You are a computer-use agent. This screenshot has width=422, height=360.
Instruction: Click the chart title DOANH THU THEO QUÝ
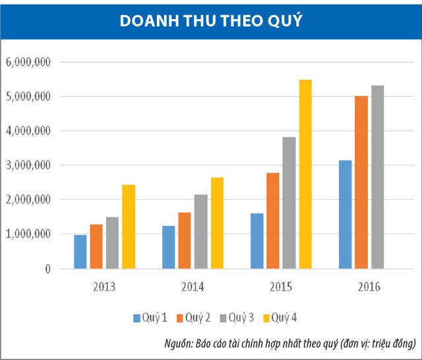[x=210, y=20]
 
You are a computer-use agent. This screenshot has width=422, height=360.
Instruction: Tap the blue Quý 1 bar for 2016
[x=345, y=214]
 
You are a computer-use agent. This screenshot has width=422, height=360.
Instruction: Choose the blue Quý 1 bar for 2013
[x=80, y=252]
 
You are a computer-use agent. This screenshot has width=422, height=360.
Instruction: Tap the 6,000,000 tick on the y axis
[x=28, y=62]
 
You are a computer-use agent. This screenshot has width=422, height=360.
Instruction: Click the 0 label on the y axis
[x=47, y=269]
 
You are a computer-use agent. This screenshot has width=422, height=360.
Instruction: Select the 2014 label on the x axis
[x=192, y=287]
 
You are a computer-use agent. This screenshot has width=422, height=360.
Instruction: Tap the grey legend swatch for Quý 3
[x=223, y=318]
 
